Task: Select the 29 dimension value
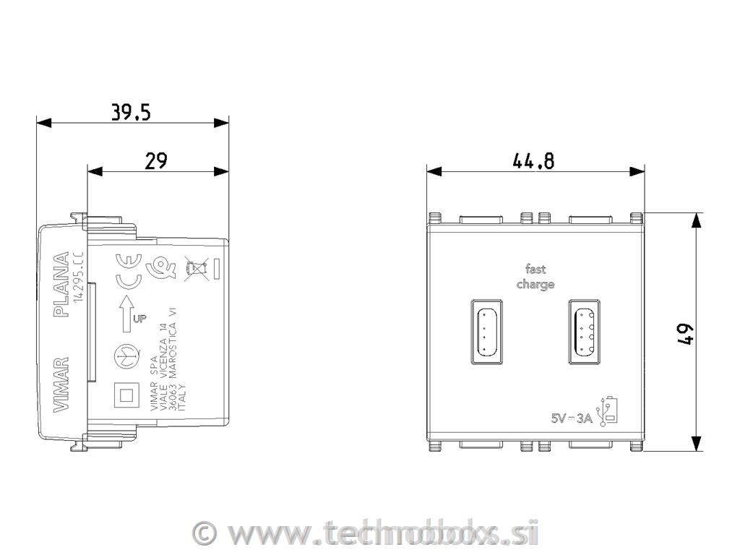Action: (x=157, y=161)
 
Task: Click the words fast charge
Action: (x=535, y=277)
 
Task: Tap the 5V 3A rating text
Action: (x=572, y=418)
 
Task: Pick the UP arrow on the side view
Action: (x=129, y=311)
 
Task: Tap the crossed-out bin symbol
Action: (x=193, y=270)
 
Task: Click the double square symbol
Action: (x=127, y=395)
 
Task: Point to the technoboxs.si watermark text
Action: (x=384, y=533)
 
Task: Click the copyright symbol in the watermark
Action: (x=206, y=533)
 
